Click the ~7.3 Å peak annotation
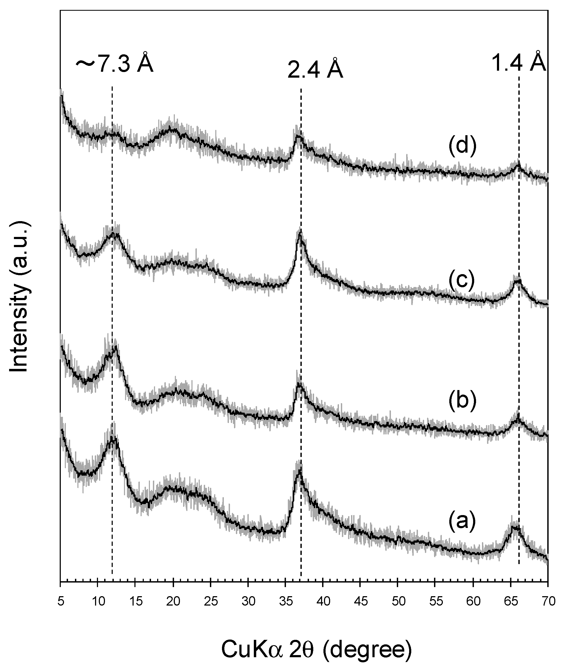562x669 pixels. [x=115, y=64]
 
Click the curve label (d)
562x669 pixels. [x=462, y=146]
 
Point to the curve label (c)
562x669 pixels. [x=462, y=279]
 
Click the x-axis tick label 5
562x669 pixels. [x=61, y=600]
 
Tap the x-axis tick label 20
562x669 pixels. [x=173, y=600]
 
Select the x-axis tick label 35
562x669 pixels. [x=286, y=600]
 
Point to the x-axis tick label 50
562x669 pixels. [x=398, y=600]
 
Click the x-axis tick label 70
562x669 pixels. [x=548, y=600]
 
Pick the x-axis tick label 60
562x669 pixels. [x=473, y=600]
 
